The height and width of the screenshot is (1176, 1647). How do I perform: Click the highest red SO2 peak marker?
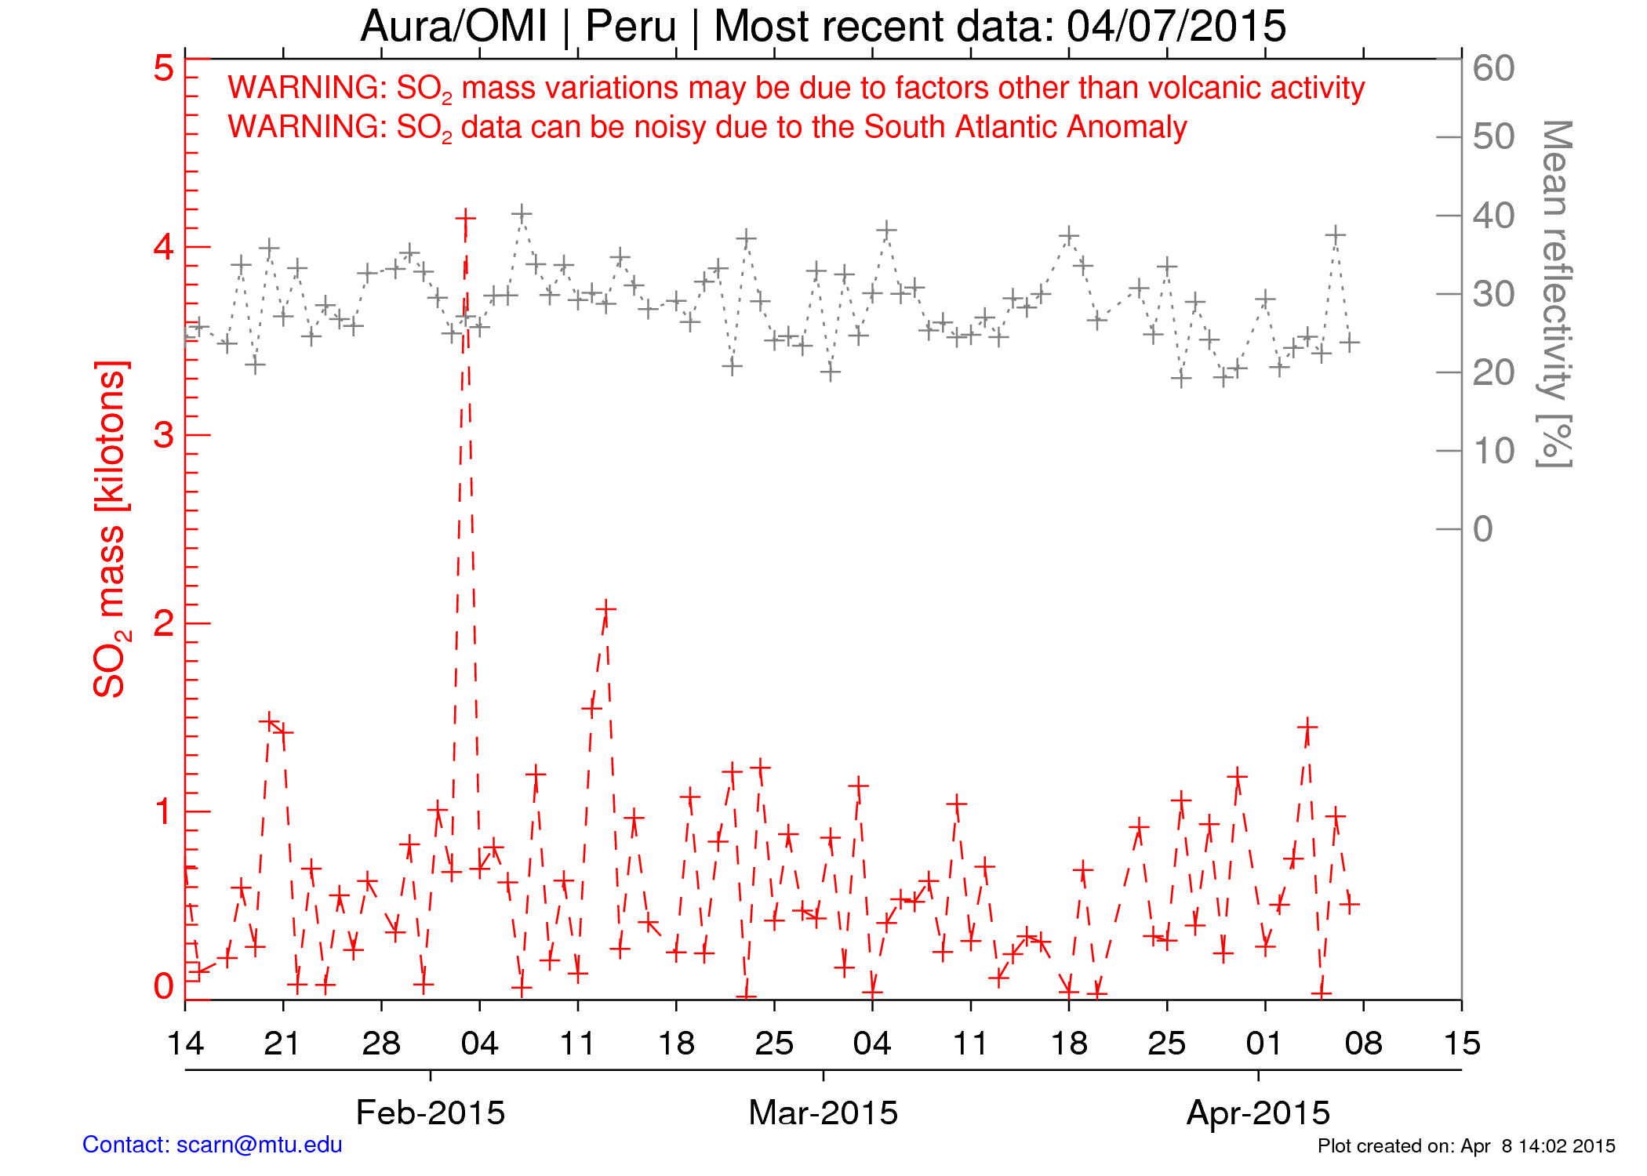tap(465, 217)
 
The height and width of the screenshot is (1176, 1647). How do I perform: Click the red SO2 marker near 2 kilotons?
tap(605, 608)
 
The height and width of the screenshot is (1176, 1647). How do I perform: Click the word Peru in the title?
tap(631, 27)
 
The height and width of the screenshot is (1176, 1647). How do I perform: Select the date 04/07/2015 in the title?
tap(1176, 27)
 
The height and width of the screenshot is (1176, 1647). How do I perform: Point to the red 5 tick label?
tap(163, 69)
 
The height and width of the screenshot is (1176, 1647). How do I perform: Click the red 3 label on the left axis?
tap(163, 435)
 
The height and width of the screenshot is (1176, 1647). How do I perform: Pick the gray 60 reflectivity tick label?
tap(1493, 69)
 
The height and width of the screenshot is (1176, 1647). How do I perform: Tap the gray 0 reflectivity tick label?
tap(1482, 529)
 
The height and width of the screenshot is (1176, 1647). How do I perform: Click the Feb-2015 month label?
tap(431, 1112)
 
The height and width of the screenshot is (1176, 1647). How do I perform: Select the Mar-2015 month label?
tap(823, 1112)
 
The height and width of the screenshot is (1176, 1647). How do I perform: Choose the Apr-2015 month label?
tap(1258, 1112)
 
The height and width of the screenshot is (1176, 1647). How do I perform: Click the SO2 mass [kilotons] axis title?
tap(110, 529)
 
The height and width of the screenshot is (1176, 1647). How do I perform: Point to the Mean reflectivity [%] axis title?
tap(1555, 294)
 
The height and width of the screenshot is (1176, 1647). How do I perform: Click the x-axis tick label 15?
tap(1462, 1044)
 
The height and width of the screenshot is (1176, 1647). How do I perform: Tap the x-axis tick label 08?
tap(1363, 1044)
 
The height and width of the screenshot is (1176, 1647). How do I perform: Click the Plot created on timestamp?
tap(1466, 1146)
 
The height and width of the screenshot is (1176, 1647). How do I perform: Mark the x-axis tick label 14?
tap(186, 1044)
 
